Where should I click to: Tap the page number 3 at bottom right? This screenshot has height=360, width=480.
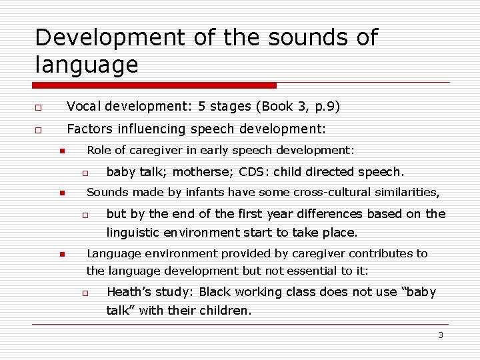[x=440, y=335]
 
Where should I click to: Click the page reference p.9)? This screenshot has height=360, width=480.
[x=326, y=107]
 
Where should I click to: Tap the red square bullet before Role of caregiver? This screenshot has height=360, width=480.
[x=61, y=151]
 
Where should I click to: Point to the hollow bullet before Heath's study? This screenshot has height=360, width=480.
[x=85, y=293]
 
